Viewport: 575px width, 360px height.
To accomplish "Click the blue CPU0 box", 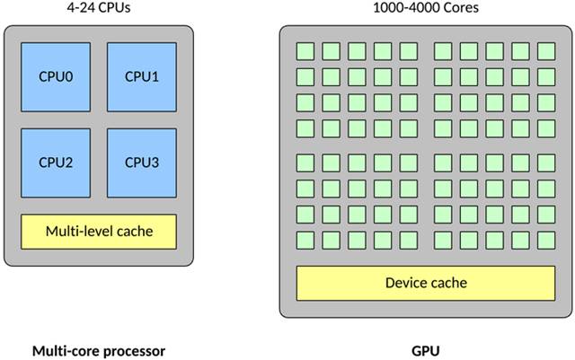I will coord(56,76).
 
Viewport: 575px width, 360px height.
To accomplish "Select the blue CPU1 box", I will coord(142,76).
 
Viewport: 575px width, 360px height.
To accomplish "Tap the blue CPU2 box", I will coord(56,162).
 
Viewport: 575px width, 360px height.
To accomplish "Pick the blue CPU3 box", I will coord(142,162).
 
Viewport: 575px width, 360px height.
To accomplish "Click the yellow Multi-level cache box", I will coord(99,232).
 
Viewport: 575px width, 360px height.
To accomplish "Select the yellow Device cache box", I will coord(425,284).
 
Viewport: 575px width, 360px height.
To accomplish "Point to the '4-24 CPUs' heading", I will coord(99,8).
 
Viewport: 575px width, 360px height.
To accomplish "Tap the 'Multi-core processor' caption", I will coord(99,350).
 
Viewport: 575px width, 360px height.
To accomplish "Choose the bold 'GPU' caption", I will coord(425,350).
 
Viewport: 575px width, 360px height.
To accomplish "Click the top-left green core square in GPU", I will coord(304,50).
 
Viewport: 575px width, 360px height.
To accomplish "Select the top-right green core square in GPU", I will coord(546,50).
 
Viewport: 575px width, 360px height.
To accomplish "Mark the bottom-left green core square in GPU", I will coord(304,240).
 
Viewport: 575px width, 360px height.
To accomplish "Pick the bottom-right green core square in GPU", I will coord(546,240).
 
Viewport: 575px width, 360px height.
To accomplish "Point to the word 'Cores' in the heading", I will coord(454,8).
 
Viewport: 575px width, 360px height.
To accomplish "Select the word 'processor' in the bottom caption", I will coord(132,350).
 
